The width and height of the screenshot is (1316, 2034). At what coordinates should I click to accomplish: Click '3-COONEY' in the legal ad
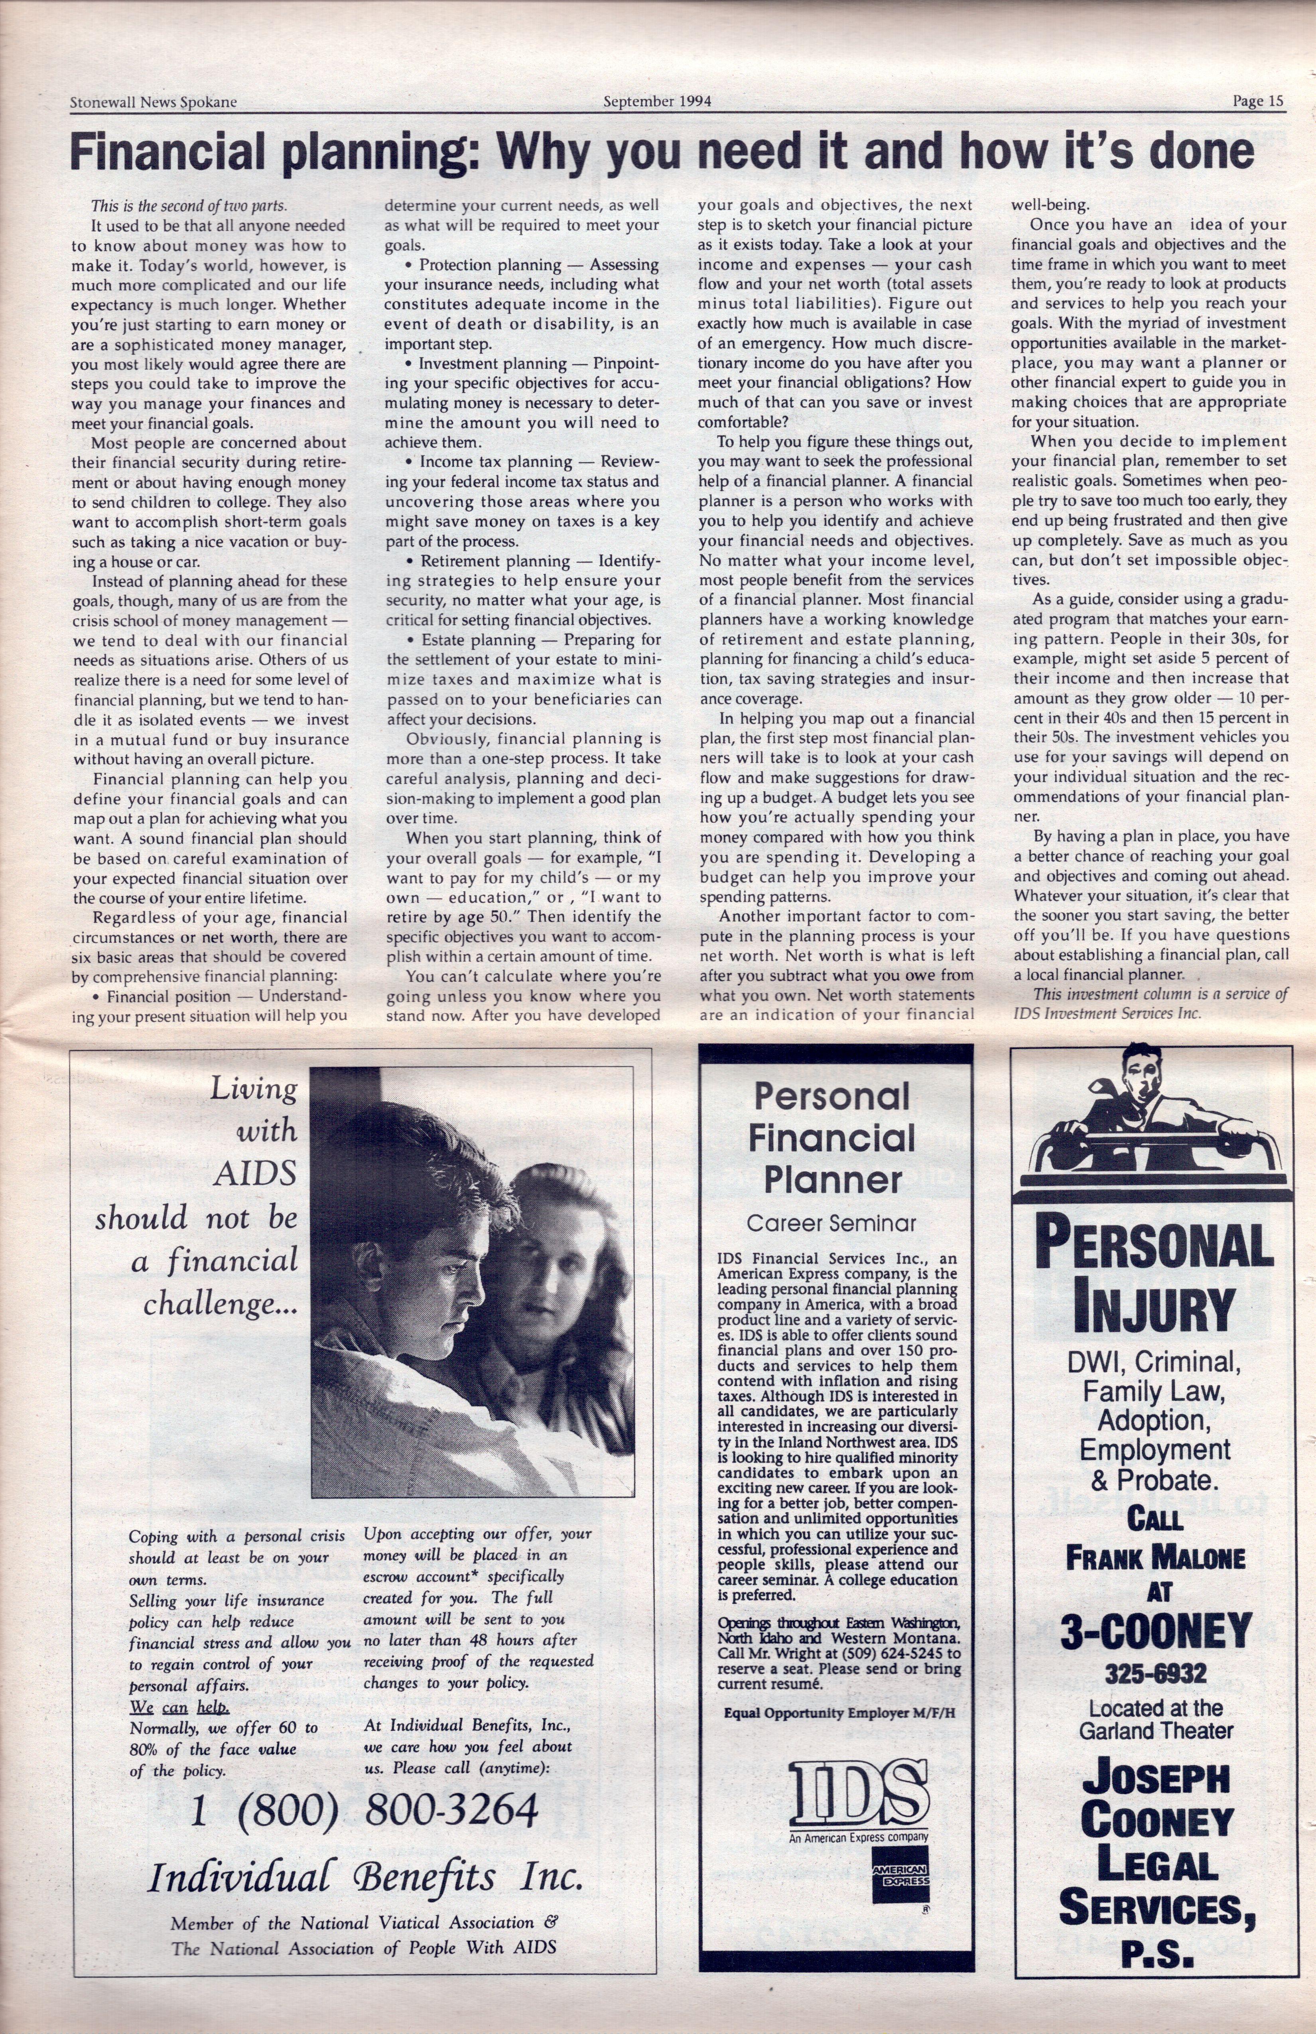tap(1156, 1631)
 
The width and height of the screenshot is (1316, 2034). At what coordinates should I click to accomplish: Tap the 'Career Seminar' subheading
tap(831, 1223)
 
